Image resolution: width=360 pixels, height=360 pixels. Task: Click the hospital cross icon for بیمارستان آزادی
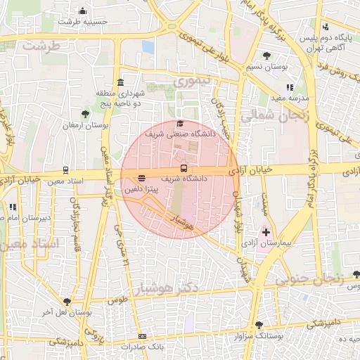point(266,231)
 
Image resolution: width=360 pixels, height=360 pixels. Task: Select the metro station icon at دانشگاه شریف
point(184,169)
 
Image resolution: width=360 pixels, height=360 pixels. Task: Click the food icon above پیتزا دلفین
point(143,179)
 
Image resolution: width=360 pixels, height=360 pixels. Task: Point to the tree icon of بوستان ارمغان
point(85,114)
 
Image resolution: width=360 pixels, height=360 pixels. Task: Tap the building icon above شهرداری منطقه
point(120,82)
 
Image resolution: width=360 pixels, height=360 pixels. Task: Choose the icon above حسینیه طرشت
point(83,11)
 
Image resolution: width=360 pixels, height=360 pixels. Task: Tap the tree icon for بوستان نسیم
point(266,56)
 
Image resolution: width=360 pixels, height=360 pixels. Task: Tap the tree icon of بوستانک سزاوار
point(259,325)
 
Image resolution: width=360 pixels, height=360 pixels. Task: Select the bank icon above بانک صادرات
point(143,337)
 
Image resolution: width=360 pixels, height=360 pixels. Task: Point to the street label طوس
point(117,300)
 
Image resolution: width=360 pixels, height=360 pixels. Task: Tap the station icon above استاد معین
point(65,169)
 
